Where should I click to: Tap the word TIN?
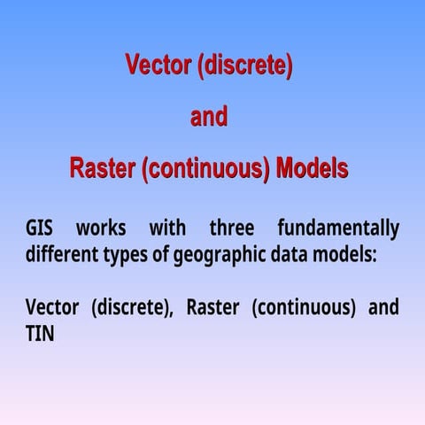click(x=40, y=335)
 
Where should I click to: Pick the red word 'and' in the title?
click(x=209, y=117)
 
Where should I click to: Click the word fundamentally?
click(x=337, y=228)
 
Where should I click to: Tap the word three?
click(x=232, y=228)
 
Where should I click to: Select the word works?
click(x=101, y=228)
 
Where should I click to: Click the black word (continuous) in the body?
click(x=303, y=309)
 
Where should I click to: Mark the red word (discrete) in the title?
click(x=244, y=66)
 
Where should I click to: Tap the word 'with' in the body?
click(x=167, y=228)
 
